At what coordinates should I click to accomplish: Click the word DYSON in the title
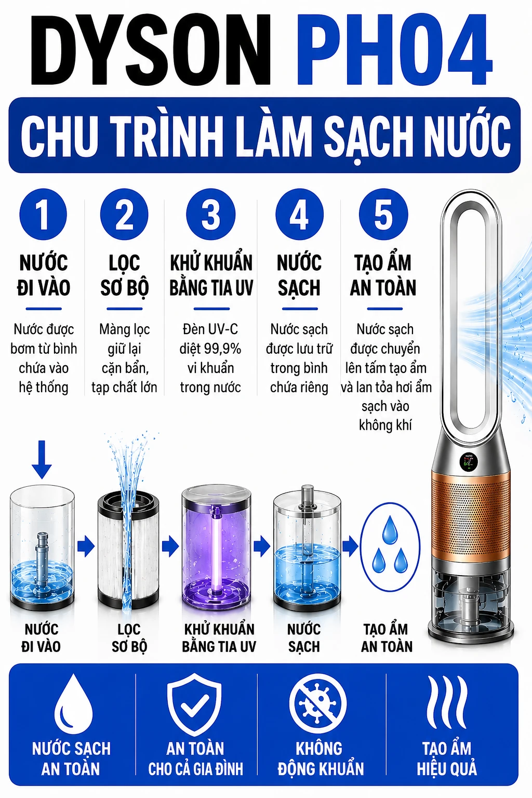click(150, 49)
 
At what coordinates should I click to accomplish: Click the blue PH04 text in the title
click(394, 49)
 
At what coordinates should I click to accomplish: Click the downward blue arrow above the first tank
click(42, 460)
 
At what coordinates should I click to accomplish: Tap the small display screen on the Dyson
click(469, 462)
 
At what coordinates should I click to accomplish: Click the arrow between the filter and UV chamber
click(170, 546)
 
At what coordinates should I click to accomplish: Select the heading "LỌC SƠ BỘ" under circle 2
click(124, 275)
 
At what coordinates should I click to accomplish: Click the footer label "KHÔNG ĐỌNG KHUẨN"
click(321, 758)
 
